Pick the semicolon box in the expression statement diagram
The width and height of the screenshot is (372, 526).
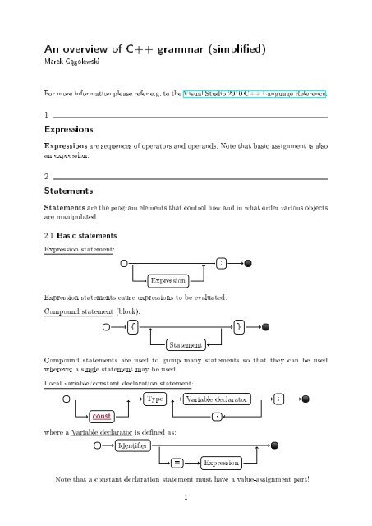pos(223,264)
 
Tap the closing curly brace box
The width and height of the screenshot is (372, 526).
pos(237,325)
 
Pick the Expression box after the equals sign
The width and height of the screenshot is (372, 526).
pos(221,462)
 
